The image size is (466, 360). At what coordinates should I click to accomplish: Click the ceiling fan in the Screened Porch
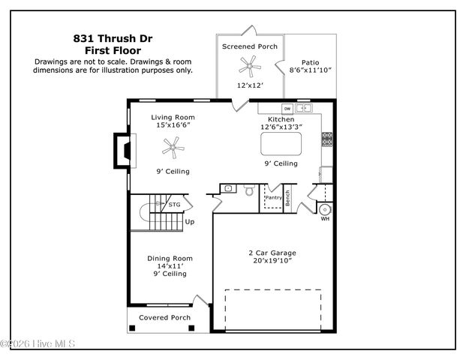pos(249,67)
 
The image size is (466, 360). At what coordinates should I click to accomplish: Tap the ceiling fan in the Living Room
pos(174,150)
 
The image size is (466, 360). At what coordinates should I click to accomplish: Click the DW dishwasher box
pos(287,109)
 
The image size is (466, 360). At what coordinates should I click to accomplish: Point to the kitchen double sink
pos(304,109)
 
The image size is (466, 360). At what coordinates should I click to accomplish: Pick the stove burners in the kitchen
pos(327,139)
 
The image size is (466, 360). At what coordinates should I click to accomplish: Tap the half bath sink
pos(228,188)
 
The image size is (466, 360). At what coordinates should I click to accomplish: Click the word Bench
pos(287,197)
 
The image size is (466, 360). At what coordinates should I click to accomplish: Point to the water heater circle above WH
pos(325,208)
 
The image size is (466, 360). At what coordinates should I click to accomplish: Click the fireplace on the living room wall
pos(121,150)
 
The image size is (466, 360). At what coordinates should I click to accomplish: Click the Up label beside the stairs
pos(190,222)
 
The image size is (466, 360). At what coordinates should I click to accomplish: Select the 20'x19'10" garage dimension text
pos(271,261)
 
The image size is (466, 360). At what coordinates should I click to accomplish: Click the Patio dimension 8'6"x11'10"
pos(310,70)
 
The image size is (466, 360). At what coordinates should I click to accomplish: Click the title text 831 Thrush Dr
pos(113,37)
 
